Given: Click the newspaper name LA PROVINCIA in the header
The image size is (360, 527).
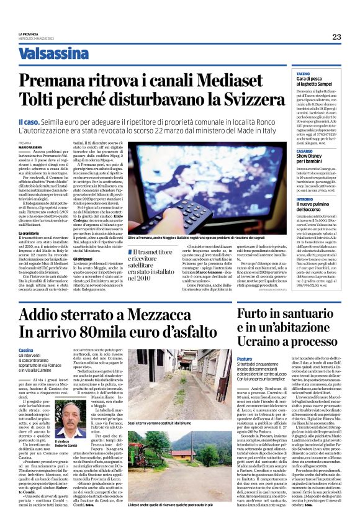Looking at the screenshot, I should pos(29,34).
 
